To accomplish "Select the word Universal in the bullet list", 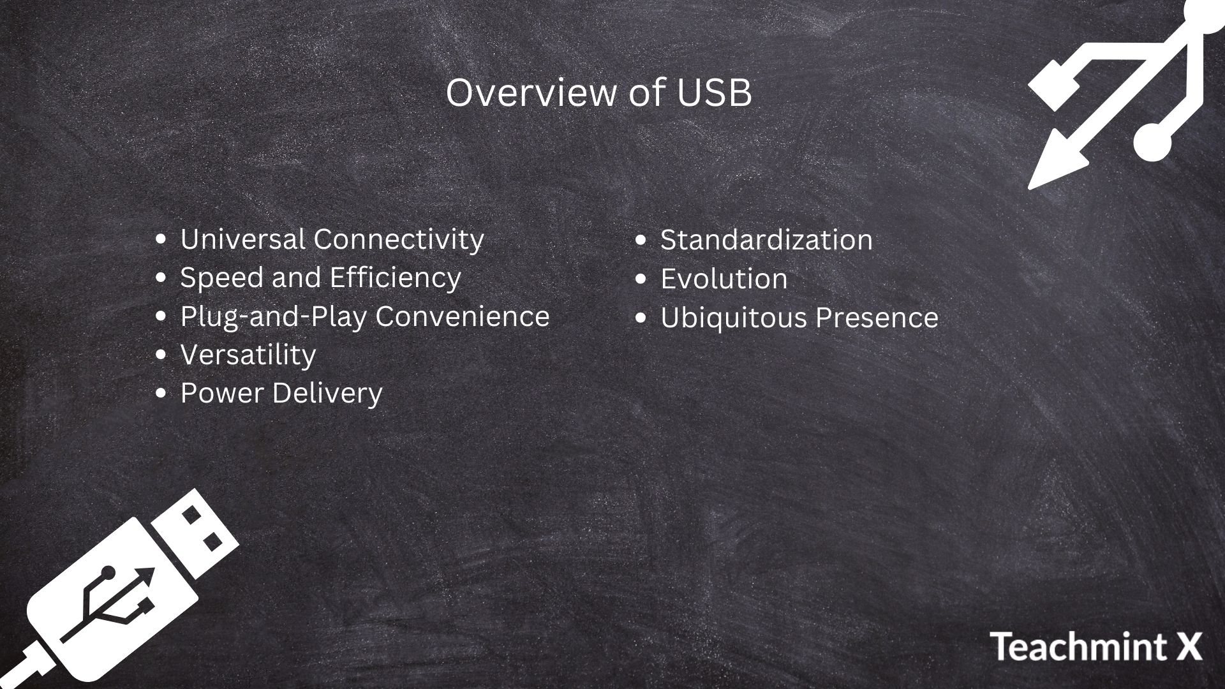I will pyautogui.click(x=242, y=239).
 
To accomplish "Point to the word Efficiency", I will pyautogui.click(x=395, y=278).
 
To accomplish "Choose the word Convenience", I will pyautogui.click(x=462, y=316).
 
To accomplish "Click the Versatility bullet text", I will pyautogui.click(x=248, y=355).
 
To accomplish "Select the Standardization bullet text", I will pyautogui.click(x=766, y=241).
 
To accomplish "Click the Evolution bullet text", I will pyautogui.click(x=724, y=279).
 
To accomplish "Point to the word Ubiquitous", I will pyautogui.click(x=733, y=318).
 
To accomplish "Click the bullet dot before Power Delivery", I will pyautogui.click(x=161, y=393).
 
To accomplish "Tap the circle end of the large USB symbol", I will pyautogui.click(x=1152, y=140).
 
